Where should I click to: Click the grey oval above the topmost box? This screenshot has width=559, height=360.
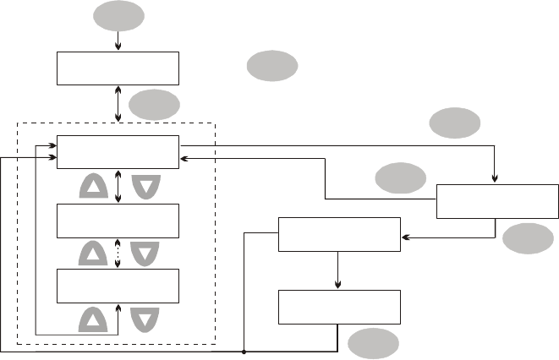118,16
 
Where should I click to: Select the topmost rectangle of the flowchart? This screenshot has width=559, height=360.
118,68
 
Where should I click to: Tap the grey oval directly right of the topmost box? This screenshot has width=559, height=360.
272,65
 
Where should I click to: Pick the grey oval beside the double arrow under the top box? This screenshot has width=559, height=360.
155,106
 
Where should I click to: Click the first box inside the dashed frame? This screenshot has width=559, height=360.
118,151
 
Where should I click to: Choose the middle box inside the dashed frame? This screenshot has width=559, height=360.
118,221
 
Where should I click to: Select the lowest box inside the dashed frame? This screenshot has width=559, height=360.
118,286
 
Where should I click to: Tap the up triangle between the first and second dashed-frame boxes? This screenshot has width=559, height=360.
94,187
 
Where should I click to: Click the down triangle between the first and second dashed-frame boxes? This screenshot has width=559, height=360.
145,187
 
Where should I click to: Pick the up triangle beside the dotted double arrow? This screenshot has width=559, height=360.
94,253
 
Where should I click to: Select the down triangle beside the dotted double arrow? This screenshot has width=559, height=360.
145,253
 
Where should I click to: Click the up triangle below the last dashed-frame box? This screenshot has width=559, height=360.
94,319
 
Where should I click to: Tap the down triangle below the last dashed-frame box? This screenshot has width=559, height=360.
145,319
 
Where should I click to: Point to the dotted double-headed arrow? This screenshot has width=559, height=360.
118,253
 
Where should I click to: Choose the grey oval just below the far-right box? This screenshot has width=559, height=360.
528,240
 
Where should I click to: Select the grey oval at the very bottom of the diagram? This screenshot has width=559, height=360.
371,343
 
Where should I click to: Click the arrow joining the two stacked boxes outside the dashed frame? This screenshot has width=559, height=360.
338,270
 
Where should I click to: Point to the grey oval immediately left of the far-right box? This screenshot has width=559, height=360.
401,178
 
